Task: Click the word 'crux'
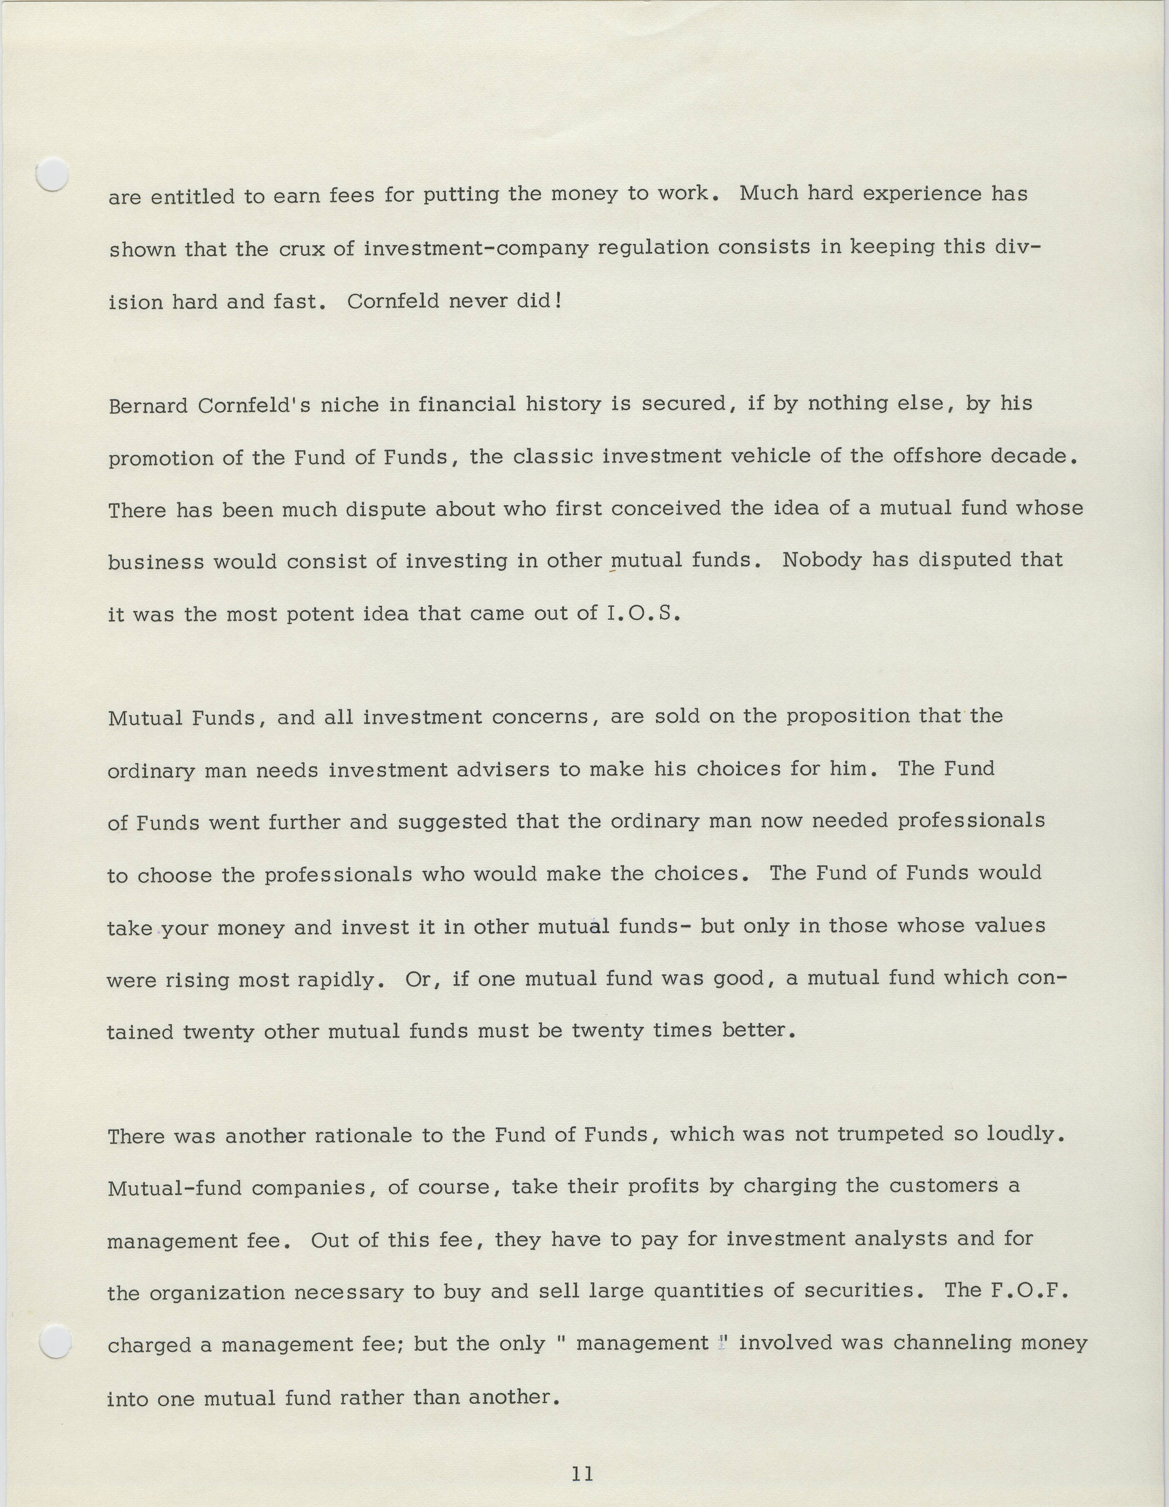pyautogui.click(x=302, y=249)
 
